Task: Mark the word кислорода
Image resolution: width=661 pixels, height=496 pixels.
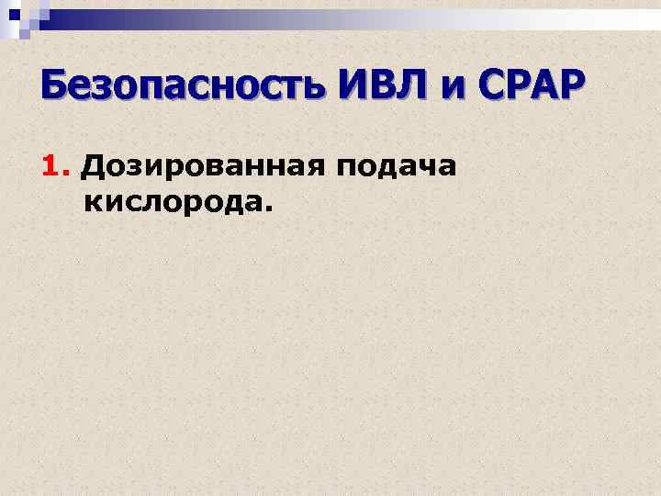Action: pyautogui.click(x=174, y=200)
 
